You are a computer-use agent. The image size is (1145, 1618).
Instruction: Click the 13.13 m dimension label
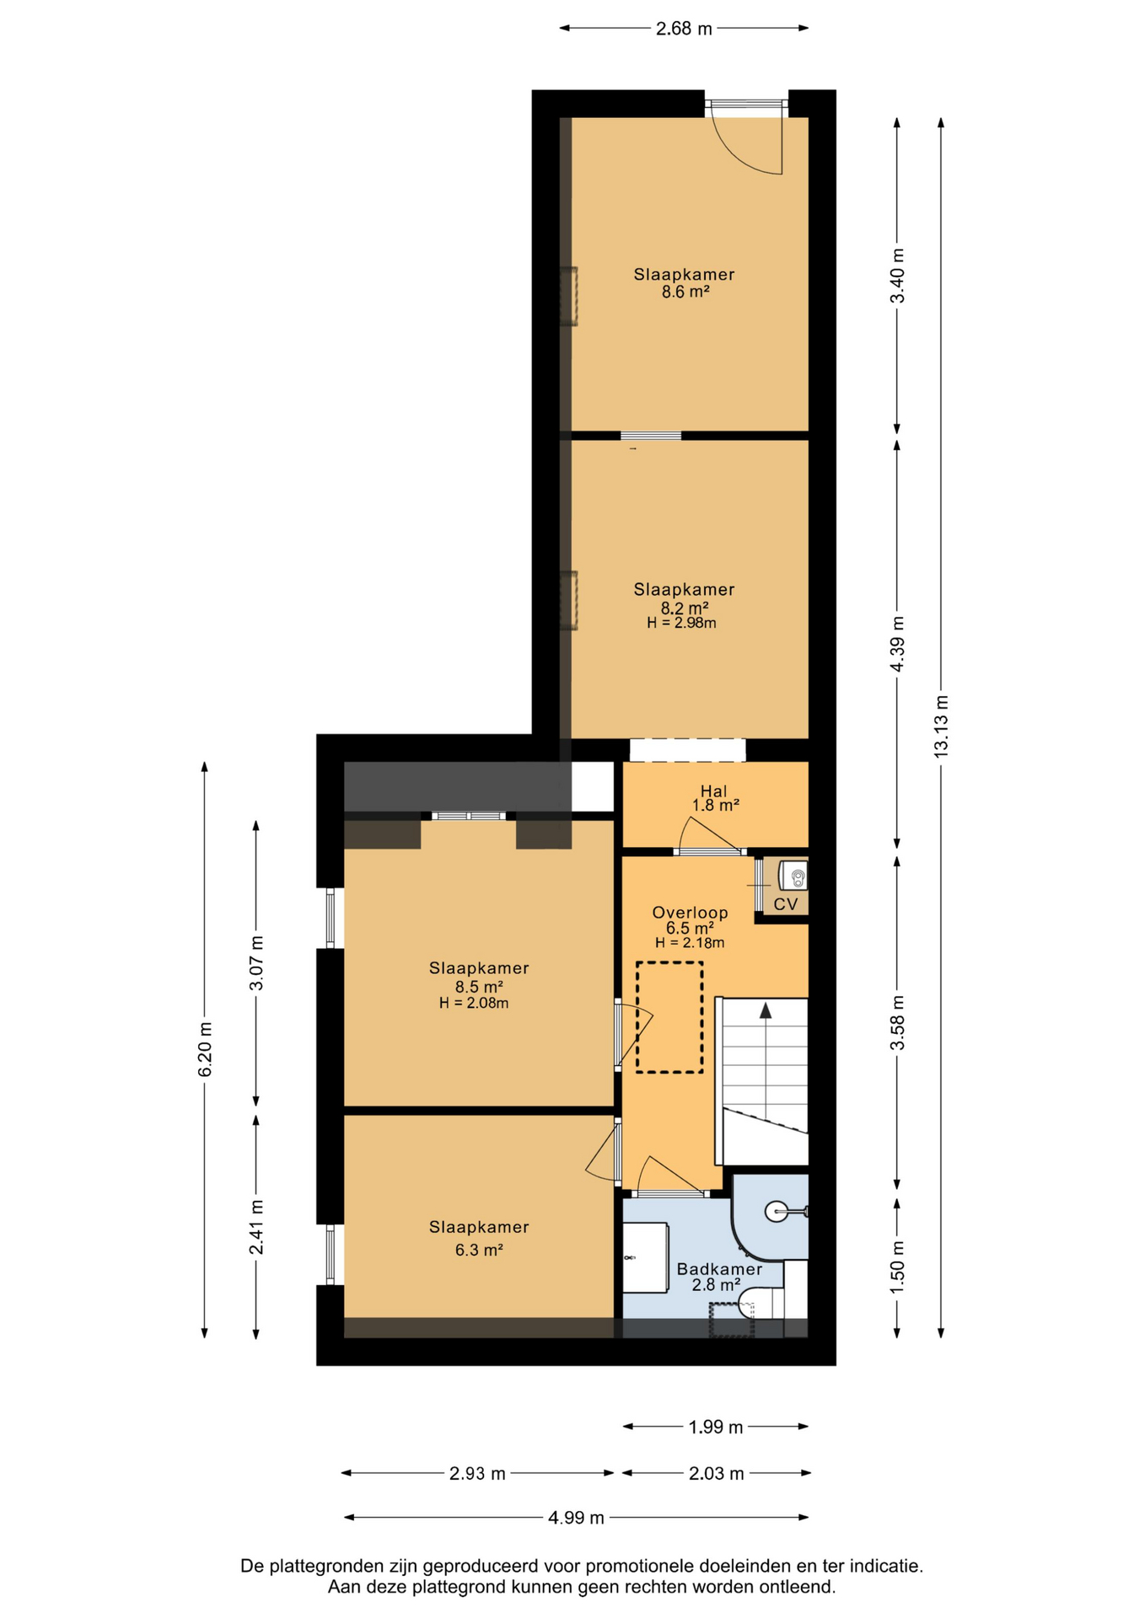click(941, 726)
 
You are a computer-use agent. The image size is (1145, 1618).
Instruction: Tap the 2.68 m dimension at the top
click(684, 29)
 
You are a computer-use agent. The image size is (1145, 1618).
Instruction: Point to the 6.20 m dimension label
click(205, 1048)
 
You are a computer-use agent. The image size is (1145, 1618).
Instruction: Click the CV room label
click(786, 904)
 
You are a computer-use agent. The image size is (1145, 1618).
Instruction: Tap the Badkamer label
click(719, 1269)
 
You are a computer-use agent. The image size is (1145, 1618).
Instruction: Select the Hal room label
click(713, 790)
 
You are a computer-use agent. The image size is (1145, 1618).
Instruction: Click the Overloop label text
click(690, 913)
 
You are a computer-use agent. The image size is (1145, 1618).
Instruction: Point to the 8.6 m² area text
click(685, 292)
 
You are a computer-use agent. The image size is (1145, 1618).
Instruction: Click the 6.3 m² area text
click(479, 1250)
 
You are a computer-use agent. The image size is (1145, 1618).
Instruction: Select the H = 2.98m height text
click(681, 624)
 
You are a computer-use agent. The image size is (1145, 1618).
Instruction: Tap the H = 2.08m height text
click(474, 1003)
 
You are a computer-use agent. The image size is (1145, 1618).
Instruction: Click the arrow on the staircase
click(766, 1010)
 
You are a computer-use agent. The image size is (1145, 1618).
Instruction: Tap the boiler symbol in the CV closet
click(793, 876)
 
